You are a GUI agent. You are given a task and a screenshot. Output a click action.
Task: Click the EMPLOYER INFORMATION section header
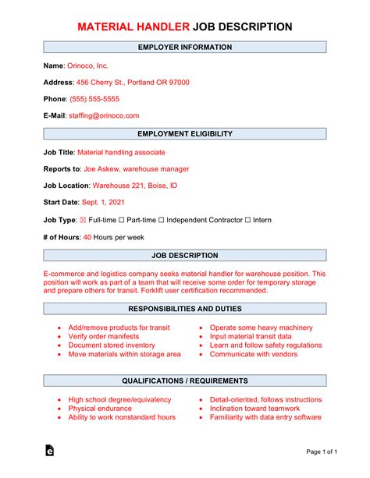click(x=185, y=48)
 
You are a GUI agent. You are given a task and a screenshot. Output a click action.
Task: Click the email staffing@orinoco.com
click(x=104, y=115)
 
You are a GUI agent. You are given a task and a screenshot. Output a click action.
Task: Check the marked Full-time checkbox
click(x=83, y=220)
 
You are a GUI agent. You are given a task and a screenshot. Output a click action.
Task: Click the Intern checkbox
click(x=247, y=220)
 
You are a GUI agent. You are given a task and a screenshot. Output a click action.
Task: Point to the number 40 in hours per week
click(x=87, y=237)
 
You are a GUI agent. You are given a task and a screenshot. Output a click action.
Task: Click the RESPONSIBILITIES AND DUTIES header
click(x=185, y=309)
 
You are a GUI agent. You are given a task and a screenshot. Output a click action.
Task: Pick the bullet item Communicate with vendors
click(x=254, y=353)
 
